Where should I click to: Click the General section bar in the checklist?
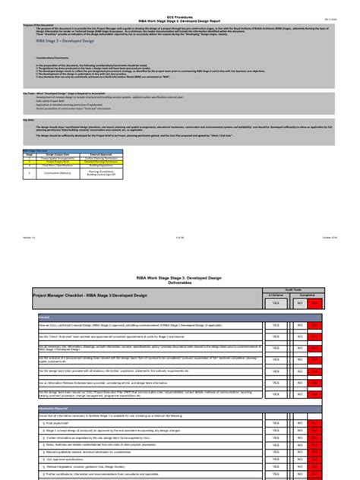[x=46, y=317]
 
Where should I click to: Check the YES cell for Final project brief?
[x=276, y=421]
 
